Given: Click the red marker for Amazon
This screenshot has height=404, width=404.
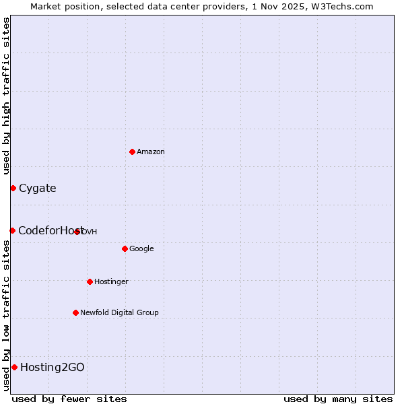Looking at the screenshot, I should coord(132,151).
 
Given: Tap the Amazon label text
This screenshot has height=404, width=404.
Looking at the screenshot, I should coord(151,152).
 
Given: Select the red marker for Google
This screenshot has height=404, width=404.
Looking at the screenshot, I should coord(125,248).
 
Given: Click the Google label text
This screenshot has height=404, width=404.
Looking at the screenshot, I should coord(141,249).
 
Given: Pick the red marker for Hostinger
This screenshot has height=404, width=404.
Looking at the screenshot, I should coord(90,281).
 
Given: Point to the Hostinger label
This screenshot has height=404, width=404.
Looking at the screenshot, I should coord(111,281).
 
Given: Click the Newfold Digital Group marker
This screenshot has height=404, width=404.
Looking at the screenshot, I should coord(75,312).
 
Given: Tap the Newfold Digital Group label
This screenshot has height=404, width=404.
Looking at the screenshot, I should coord(119,312).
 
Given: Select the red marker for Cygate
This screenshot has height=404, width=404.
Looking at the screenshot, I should coord(13,188).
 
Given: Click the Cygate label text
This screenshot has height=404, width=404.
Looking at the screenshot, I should coord(38,189).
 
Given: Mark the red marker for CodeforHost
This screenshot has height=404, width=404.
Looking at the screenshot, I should coord(12,230).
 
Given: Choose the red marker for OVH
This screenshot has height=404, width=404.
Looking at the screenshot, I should coord(77,232).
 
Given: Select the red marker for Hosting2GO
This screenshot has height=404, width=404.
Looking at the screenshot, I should coord(14,367).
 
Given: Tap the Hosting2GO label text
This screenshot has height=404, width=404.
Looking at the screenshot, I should coord(53,368).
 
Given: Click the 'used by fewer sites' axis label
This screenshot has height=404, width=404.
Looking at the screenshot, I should coord(69,399).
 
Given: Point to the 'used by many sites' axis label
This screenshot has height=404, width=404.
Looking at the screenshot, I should coord(338,399).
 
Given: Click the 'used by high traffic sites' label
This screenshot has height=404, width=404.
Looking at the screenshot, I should coord(6,96).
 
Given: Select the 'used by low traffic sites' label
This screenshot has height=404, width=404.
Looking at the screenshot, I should coord(6,314).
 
